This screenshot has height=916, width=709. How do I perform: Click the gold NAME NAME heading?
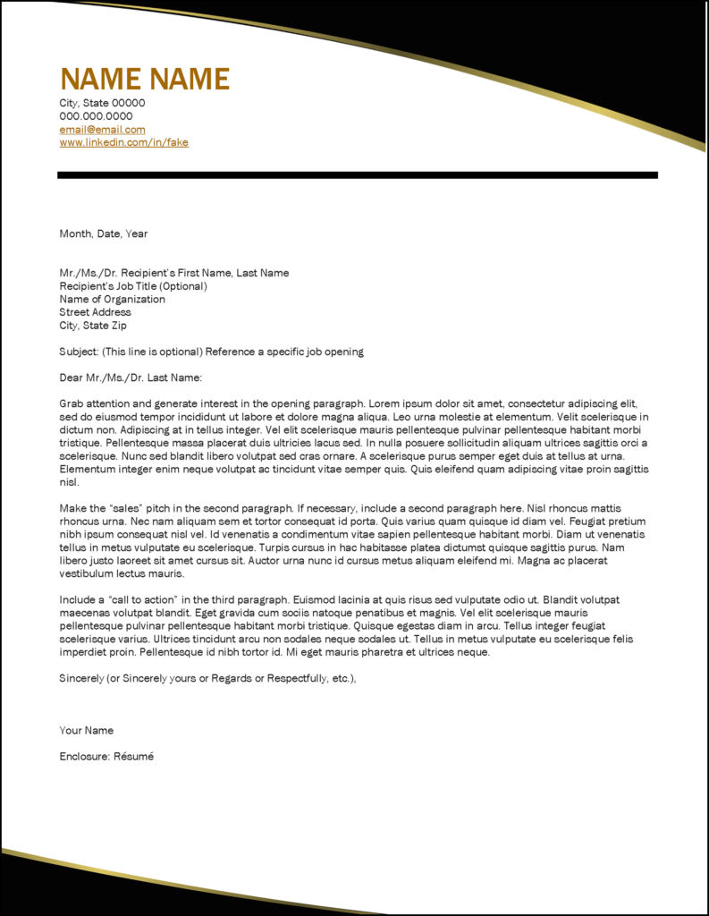pyautogui.click(x=144, y=79)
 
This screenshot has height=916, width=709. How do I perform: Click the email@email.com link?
pyautogui.click(x=102, y=130)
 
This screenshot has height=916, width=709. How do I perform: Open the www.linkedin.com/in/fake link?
pyautogui.click(x=123, y=142)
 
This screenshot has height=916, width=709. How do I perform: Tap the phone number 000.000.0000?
pyautogui.click(x=96, y=116)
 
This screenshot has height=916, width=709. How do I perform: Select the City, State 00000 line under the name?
pyautogui.click(x=102, y=103)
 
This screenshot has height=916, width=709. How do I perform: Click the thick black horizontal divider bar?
pyautogui.click(x=358, y=174)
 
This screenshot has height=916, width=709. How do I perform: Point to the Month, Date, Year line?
pyautogui.click(x=103, y=234)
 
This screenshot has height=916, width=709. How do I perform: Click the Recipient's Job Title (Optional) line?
pyautogui.click(x=133, y=286)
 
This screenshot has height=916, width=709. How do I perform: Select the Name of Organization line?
pyautogui.click(x=112, y=300)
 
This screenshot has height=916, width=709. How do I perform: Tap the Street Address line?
pyautogui.click(x=95, y=312)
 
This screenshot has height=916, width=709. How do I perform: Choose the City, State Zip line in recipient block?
pyautogui.click(x=93, y=326)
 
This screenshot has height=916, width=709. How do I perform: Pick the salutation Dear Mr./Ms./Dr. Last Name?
pyautogui.click(x=131, y=377)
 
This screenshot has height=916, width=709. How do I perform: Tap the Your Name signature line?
pyautogui.click(x=86, y=731)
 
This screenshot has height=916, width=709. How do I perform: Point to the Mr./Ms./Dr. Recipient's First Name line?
pyautogui.click(x=173, y=273)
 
